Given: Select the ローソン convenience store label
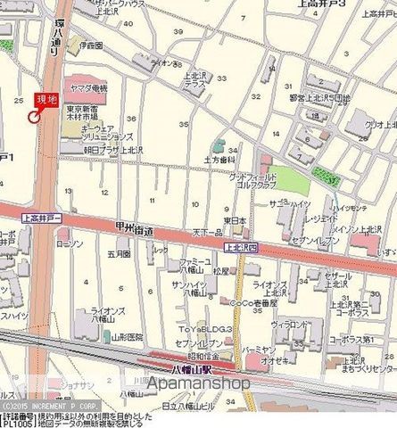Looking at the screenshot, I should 69,243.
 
